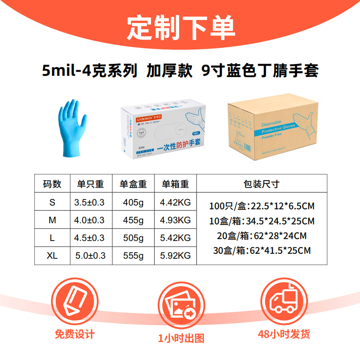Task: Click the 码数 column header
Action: (x=52, y=184)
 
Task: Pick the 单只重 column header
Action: (x=90, y=184)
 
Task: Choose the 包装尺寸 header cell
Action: (x=261, y=184)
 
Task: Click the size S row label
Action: (x=52, y=202)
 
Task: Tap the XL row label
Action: (x=52, y=256)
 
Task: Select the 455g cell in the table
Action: (x=133, y=220)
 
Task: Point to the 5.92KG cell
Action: (x=175, y=256)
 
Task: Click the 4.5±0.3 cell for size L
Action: (x=90, y=238)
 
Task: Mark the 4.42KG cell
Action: (x=175, y=202)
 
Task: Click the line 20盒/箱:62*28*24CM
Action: (x=261, y=236)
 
